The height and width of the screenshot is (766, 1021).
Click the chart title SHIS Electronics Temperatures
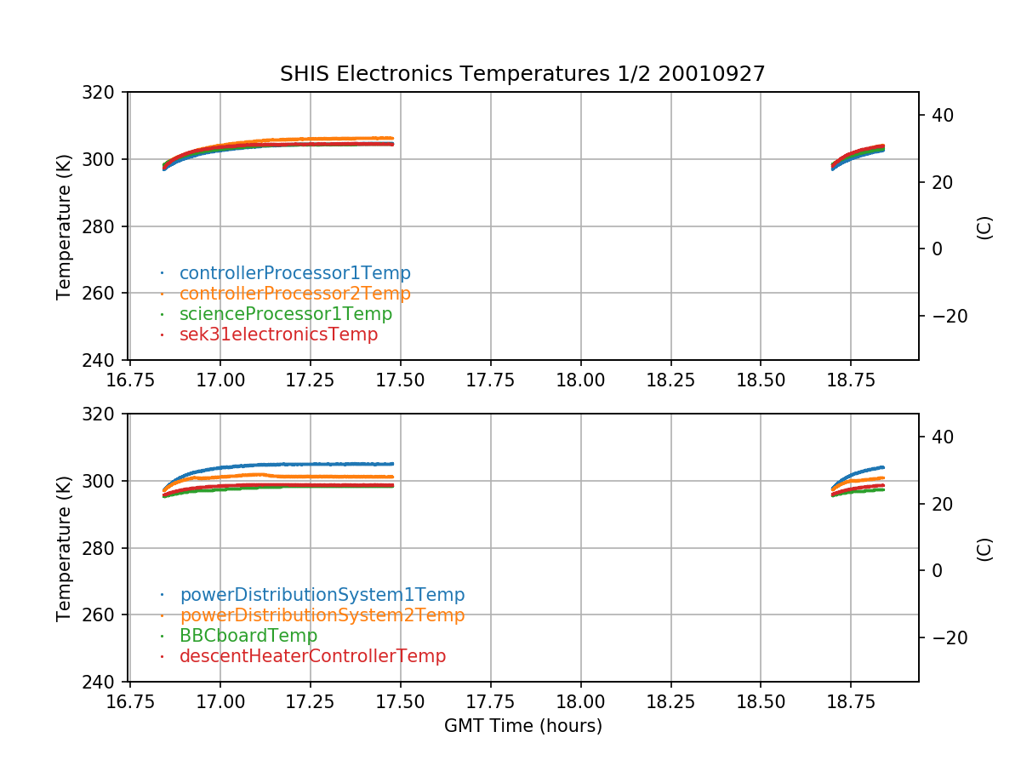(522, 74)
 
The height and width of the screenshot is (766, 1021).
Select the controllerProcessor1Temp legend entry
(294, 273)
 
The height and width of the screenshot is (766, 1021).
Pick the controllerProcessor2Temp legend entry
(294, 294)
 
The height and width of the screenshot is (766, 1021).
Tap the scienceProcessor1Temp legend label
(285, 314)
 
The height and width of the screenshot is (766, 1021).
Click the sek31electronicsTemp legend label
(278, 334)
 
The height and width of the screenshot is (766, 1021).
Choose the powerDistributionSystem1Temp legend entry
(322, 595)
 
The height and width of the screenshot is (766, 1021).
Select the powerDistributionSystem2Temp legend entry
(322, 615)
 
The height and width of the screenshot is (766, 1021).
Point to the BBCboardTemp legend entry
(248, 636)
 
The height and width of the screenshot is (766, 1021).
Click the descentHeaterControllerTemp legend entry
(312, 656)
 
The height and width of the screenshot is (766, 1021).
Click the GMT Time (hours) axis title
(522, 726)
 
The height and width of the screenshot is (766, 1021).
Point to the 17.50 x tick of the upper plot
(401, 380)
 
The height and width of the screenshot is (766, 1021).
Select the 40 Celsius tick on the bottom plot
(942, 437)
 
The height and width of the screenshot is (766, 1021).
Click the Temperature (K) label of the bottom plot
(65, 548)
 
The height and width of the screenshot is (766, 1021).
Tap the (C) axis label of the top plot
(984, 226)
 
